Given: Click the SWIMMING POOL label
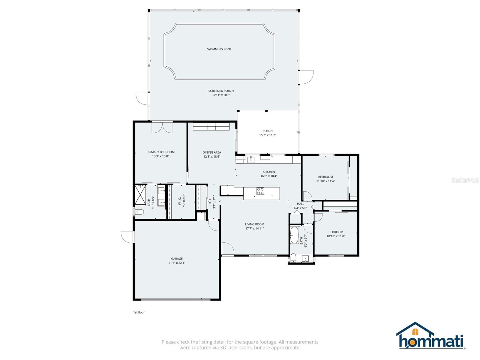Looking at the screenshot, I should tap(219, 49).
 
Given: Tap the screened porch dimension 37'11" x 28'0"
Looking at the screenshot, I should tap(221, 95).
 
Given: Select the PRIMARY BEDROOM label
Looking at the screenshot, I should tap(160, 152).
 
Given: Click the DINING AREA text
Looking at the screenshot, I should tap(212, 152).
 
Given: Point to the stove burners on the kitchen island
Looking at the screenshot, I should tap(260, 191).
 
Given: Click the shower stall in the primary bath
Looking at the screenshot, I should tap(140, 195).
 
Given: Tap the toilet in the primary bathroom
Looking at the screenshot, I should tap(139, 212).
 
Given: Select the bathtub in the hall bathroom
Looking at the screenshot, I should tap(294, 235).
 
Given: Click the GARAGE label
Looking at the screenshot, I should tap(177, 259).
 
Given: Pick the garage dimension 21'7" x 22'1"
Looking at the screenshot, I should tap(177, 263).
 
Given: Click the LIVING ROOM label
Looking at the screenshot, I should tap(254, 224).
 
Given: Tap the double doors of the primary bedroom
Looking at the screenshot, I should tap(162, 127).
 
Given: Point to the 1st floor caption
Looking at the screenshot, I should tap(139, 312).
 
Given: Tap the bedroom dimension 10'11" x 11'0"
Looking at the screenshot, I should tap(336, 236).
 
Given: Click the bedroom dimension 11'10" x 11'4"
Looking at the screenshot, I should tap(325, 181).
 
